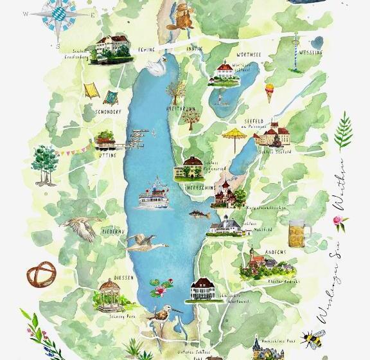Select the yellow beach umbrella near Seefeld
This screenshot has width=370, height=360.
pos(231,136)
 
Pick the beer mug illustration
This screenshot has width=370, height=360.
pos(299,229)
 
